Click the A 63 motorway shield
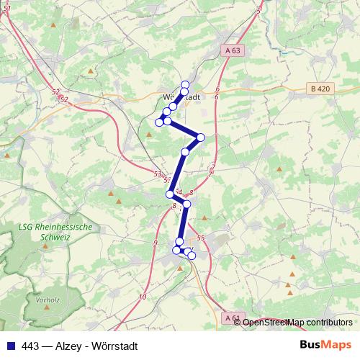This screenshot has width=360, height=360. coord(231,50)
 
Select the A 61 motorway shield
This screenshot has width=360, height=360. coord(231,317)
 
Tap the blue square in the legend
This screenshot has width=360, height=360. coord(9,346)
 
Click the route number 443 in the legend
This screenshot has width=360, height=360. coord(31,346)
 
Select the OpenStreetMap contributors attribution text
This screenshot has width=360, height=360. coord(297,323)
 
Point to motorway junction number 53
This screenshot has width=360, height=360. coord(158,174)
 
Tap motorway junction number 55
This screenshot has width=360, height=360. coord(200,238)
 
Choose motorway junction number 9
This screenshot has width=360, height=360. coord(155,244)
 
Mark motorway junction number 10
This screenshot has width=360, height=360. coord(143,297)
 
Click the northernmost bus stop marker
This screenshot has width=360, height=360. coord(185,85)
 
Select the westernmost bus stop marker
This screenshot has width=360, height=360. coord(159,122)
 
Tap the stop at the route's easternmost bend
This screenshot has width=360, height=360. coord(201,138)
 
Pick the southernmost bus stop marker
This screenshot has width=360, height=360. coord(192,256)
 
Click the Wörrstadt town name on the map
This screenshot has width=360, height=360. coord(180,96)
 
